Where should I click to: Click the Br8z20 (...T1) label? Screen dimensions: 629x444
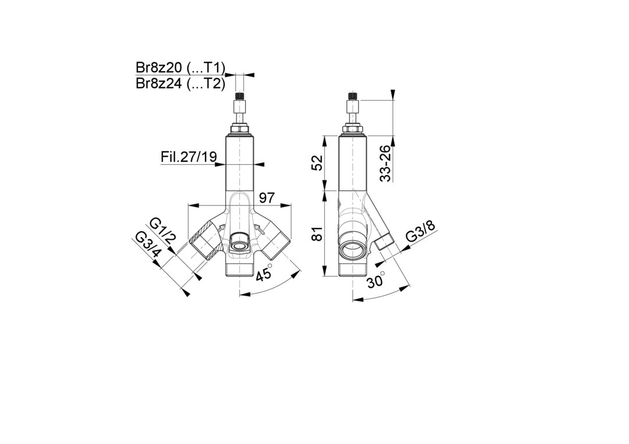coord(180,68)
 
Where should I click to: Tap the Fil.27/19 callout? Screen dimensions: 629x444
coord(189,157)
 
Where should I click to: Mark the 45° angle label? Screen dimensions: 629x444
coord(264,273)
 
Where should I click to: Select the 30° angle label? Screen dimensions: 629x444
coord(376,279)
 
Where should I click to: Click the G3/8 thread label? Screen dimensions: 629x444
coord(420,231)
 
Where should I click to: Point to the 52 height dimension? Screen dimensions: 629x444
coord(317,163)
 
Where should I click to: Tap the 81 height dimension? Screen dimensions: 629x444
coord(317,233)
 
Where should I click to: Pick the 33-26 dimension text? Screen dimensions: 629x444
coord(385,163)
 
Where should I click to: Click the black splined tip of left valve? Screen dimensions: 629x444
coord(239,96)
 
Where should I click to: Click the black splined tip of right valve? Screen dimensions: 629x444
coord(352,96)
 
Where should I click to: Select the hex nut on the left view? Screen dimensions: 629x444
coord(239,129)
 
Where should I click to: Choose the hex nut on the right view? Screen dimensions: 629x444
coord(352,129)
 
